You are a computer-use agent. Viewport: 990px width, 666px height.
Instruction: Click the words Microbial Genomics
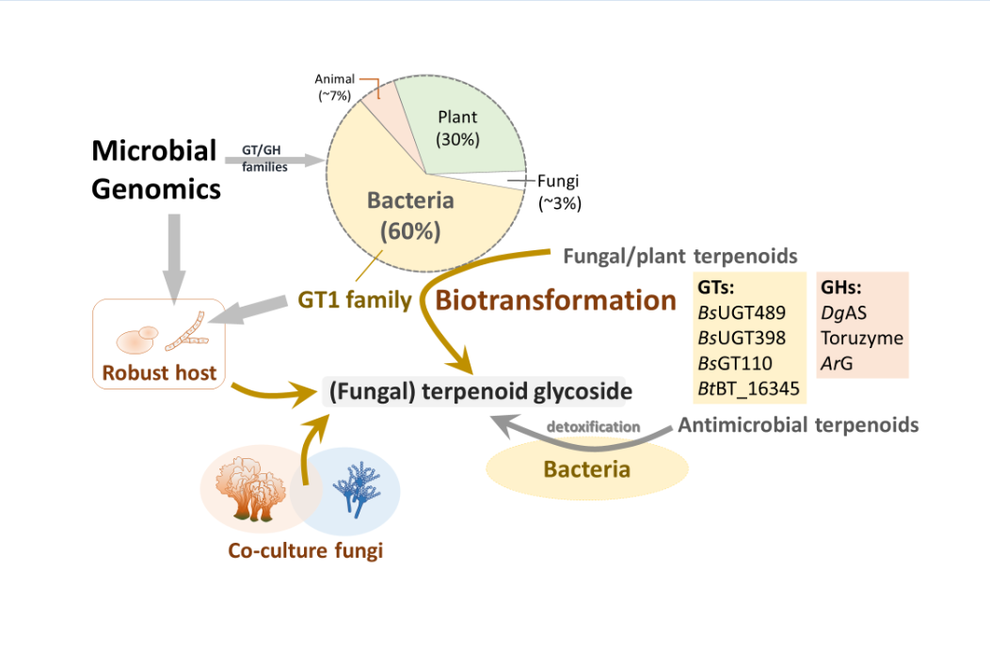point(155,169)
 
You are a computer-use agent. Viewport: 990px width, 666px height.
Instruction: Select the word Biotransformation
point(556,300)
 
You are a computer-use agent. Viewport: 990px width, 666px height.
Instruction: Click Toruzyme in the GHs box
point(861,338)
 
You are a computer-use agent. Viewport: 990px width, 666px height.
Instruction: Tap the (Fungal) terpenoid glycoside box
point(477,391)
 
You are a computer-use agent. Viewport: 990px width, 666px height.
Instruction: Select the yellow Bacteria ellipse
point(587,468)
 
